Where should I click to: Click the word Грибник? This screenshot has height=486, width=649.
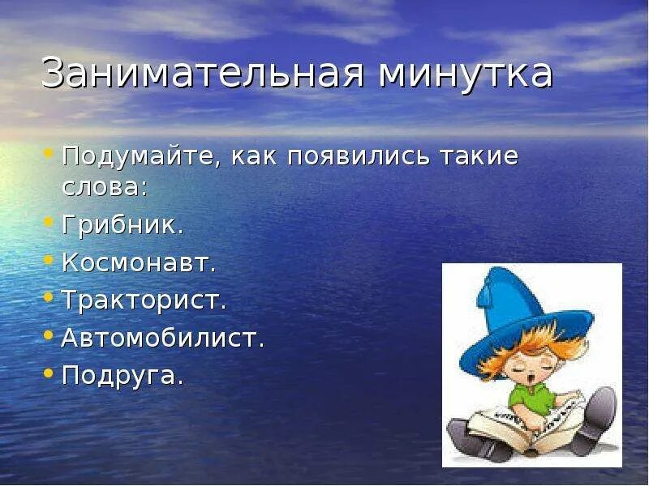coord(122,225)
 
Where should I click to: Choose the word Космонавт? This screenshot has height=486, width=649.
coord(139,263)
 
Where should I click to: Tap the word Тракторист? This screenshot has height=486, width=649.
coord(144,301)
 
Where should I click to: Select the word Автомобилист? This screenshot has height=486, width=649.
coord(163,339)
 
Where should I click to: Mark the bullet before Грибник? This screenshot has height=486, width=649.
coord(49,222)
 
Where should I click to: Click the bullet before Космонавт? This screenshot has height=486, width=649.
coord(49,260)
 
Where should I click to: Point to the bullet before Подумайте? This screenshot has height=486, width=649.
coord(49,153)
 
